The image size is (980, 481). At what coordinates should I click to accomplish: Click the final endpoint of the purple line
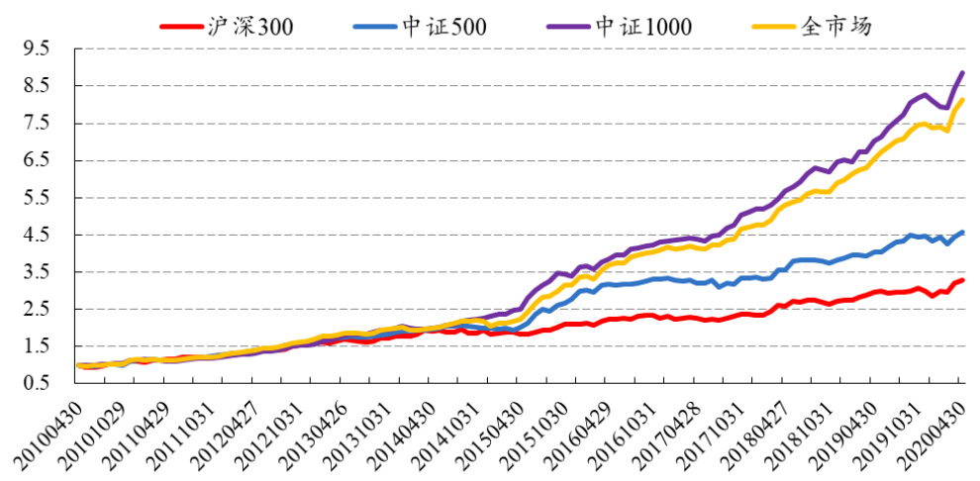[x=962, y=72]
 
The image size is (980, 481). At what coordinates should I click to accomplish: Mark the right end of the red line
[x=962, y=280]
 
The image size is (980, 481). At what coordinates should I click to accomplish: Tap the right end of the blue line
[x=962, y=232]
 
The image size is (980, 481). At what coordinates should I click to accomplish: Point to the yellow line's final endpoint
[x=962, y=100]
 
